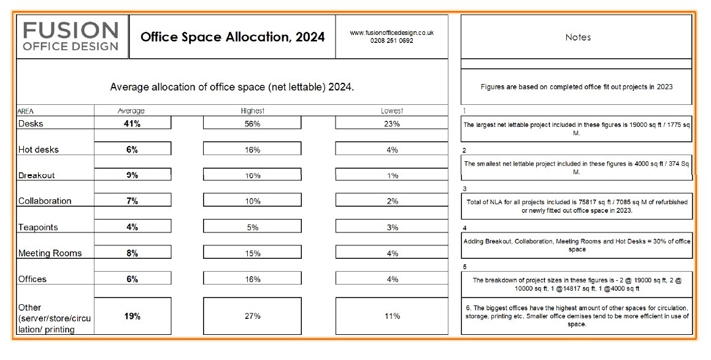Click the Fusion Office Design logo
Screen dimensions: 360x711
point(71,36)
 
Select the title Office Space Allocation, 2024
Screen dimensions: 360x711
point(233,37)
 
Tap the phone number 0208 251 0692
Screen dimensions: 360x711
point(391,41)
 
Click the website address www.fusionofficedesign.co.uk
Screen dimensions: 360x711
point(391,33)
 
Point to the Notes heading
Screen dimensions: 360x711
point(577,37)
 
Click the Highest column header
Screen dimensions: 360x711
point(252,111)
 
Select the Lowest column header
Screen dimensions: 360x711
point(392,111)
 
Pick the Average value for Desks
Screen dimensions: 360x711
point(133,123)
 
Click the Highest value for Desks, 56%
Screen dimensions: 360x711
point(252,123)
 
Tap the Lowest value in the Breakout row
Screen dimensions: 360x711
point(392,175)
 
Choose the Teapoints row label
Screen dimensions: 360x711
point(38,228)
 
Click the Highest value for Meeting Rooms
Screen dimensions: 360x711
point(252,253)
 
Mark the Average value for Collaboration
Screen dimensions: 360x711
point(133,201)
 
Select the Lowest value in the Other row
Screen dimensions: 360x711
point(392,316)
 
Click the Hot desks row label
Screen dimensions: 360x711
point(39,150)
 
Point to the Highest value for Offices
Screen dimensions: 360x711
point(252,279)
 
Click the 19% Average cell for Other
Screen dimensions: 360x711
point(133,316)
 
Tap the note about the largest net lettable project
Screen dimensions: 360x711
point(577,129)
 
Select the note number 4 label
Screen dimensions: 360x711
point(465,228)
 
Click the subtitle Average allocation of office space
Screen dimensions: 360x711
point(232,87)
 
